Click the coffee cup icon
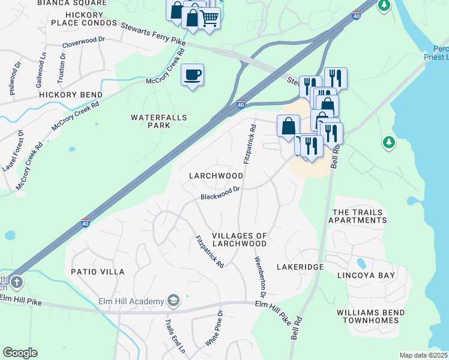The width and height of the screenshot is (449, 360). [x=192, y=75]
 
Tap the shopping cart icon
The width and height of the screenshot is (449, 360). [x=209, y=18]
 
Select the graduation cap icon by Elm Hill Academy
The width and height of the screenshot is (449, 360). [x=173, y=300]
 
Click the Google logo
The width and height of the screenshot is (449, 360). [x=20, y=353]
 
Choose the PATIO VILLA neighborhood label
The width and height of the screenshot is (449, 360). [x=98, y=272]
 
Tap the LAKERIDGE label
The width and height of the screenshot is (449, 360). [x=300, y=266]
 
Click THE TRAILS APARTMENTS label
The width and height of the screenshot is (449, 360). [x=358, y=217]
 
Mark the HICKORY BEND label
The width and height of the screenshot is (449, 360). [x=71, y=95]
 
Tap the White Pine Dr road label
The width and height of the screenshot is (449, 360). [x=214, y=328]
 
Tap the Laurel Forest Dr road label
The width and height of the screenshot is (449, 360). [x=13, y=151]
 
